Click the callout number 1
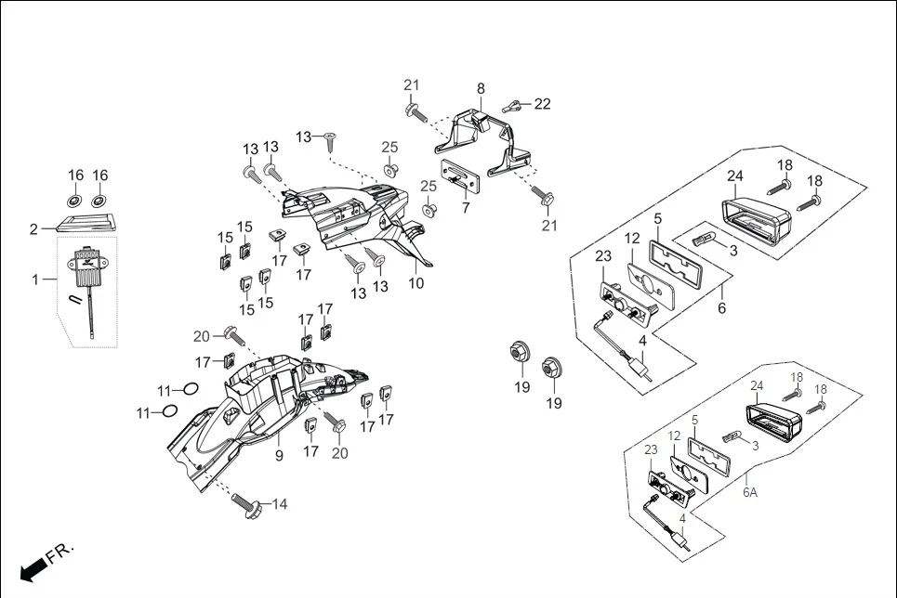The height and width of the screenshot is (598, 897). pyautogui.click(x=36, y=278)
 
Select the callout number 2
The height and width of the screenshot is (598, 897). pyautogui.click(x=34, y=228)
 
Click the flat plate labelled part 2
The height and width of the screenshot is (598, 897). pyautogui.click(x=90, y=221)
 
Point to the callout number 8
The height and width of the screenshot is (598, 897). pyautogui.click(x=481, y=89)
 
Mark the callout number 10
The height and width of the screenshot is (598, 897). pyautogui.click(x=416, y=282)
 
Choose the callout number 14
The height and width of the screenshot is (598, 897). pyautogui.click(x=279, y=504)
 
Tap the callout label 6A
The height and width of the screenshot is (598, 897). pyautogui.click(x=749, y=493)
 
